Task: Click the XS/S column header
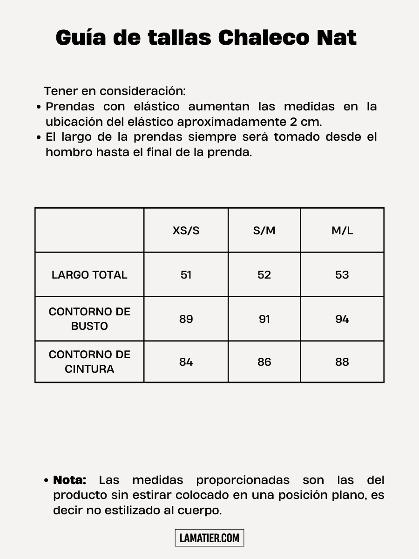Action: tap(186, 231)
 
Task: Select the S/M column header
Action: tap(264, 231)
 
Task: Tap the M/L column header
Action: tap(342, 231)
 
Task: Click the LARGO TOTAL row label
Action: tap(89, 275)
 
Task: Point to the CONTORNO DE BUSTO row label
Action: tap(89, 319)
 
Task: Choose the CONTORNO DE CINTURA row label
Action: tap(89, 361)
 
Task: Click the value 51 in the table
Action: tap(186, 275)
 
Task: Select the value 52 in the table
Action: tap(264, 275)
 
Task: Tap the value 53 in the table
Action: tap(342, 275)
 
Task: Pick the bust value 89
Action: tap(186, 319)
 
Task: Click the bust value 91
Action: tap(264, 319)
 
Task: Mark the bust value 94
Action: tap(342, 319)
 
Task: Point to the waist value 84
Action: tap(186, 362)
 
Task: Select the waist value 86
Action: tap(264, 362)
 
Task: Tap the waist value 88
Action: tap(342, 362)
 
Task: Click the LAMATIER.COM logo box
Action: tap(209, 538)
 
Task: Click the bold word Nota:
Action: tap(70, 480)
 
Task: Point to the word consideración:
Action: tap(142, 91)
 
